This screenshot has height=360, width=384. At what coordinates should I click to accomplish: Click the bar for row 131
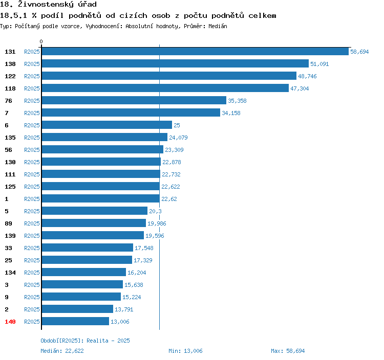[x=195, y=52]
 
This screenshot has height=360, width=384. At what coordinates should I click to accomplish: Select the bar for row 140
[x=75, y=322]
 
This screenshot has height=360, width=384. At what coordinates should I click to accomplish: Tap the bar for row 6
[x=106, y=125]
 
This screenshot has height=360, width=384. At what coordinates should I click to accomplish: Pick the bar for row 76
[x=134, y=101]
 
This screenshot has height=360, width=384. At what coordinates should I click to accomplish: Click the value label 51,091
[x=319, y=64]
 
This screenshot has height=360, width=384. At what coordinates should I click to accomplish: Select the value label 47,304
[x=300, y=88]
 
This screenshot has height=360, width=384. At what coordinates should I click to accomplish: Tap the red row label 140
[x=10, y=322]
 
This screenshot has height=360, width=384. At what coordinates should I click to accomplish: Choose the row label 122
[x=10, y=76]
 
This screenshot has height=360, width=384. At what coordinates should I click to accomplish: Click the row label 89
[x=8, y=223]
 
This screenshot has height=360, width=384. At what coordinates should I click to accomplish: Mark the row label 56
[x=8, y=150]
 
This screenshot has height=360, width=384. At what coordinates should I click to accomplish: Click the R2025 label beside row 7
[x=32, y=113]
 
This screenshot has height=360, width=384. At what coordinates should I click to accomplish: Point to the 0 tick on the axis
[x=41, y=42]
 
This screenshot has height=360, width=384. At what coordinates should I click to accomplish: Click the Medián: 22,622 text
[x=62, y=351]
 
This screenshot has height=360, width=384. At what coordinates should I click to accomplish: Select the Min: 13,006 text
[x=185, y=351]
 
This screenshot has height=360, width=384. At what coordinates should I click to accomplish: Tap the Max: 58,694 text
[x=288, y=351]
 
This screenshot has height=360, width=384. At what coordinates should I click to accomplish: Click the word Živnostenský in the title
[x=46, y=5]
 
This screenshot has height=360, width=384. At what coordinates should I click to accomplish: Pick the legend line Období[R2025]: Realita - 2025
[x=85, y=341]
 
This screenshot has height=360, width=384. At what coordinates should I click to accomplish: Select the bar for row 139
[x=93, y=236]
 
